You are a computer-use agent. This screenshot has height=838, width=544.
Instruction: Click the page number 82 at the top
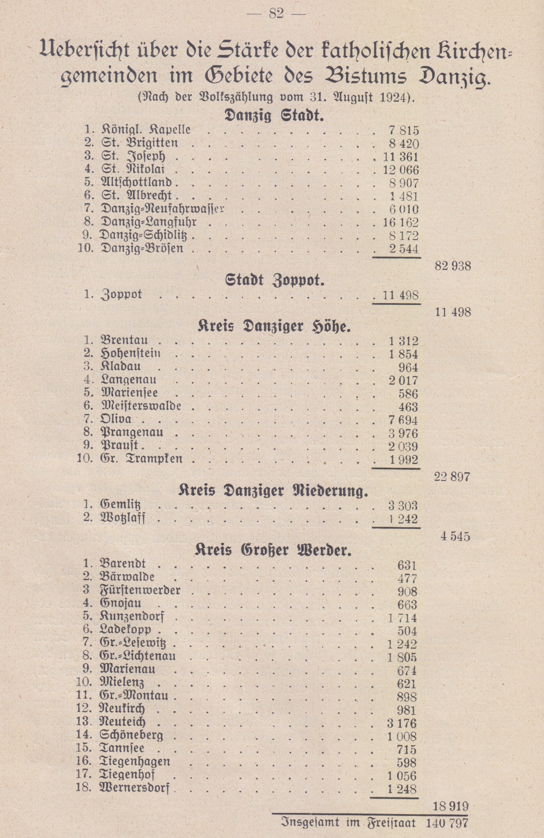276,14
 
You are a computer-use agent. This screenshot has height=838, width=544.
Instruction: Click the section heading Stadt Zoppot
275,281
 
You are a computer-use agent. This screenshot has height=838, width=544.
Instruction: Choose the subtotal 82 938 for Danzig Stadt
453,265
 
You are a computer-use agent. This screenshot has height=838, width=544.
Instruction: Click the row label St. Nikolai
133,170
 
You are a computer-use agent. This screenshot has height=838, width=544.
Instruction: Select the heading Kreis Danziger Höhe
274,327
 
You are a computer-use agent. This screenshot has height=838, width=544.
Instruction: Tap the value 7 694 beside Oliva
403,420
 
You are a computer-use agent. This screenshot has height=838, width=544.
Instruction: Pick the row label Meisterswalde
141,406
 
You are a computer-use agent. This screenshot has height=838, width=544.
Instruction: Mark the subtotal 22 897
452,477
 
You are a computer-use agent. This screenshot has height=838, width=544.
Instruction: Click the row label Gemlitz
120,504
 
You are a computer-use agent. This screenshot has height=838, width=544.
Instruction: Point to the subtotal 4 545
455,536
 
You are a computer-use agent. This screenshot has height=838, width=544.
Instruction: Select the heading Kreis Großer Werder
273,550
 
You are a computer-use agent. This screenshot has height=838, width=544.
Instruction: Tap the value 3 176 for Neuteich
402,723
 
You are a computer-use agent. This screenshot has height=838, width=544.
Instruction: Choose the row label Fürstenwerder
140,590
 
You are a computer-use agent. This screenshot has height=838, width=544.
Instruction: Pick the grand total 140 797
447,823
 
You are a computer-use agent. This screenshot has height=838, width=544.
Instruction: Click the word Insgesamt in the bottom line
310,823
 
